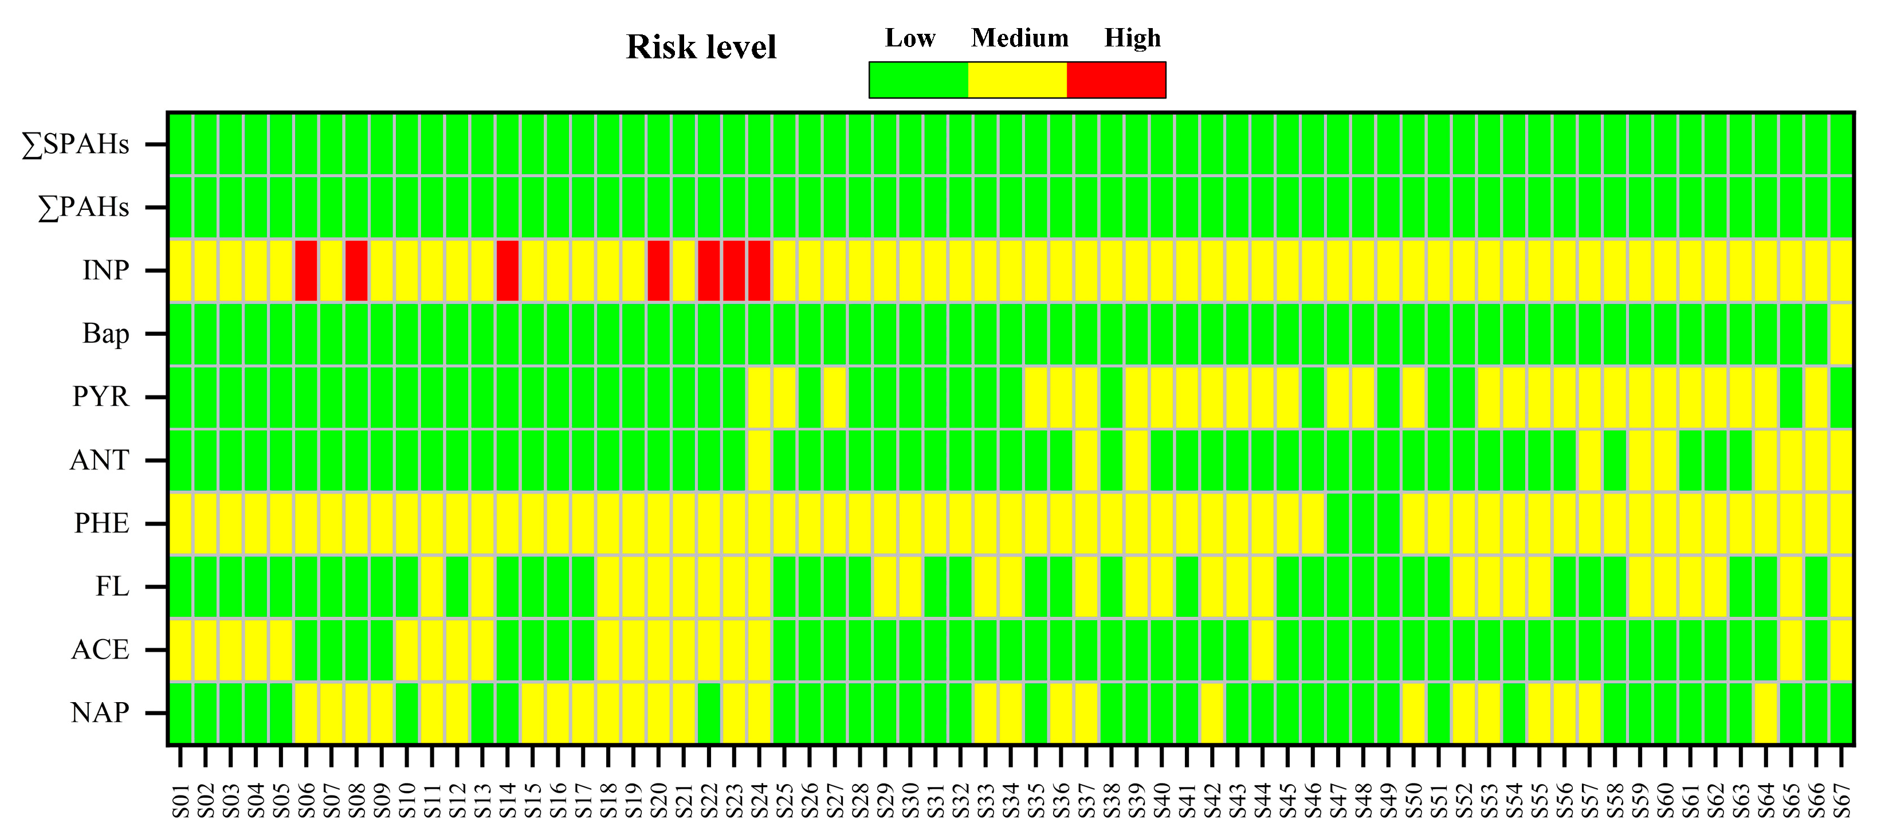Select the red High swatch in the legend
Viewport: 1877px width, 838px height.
click(x=1116, y=80)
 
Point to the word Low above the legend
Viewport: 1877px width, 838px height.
click(x=910, y=38)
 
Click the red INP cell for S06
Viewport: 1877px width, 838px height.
click(x=307, y=271)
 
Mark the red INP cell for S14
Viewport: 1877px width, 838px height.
click(x=508, y=271)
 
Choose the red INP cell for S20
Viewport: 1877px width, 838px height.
click(x=659, y=271)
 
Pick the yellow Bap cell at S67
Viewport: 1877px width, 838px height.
click(x=1841, y=334)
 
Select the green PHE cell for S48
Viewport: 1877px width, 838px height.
click(x=1363, y=523)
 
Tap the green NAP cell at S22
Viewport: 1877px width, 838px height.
click(x=709, y=712)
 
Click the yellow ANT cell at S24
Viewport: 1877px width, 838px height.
click(x=759, y=460)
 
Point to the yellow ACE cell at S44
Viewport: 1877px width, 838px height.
click(x=1263, y=649)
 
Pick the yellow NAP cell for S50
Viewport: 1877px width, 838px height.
click(x=1413, y=712)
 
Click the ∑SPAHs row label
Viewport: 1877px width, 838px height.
click(x=76, y=145)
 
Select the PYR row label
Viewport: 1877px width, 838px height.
click(x=101, y=397)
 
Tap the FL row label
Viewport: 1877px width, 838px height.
click(x=112, y=586)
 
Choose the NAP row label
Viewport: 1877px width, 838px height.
click(x=100, y=712)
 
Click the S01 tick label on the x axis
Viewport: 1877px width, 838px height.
click(x=180, y=801)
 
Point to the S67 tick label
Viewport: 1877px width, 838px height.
click(x=1841, y=801)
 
